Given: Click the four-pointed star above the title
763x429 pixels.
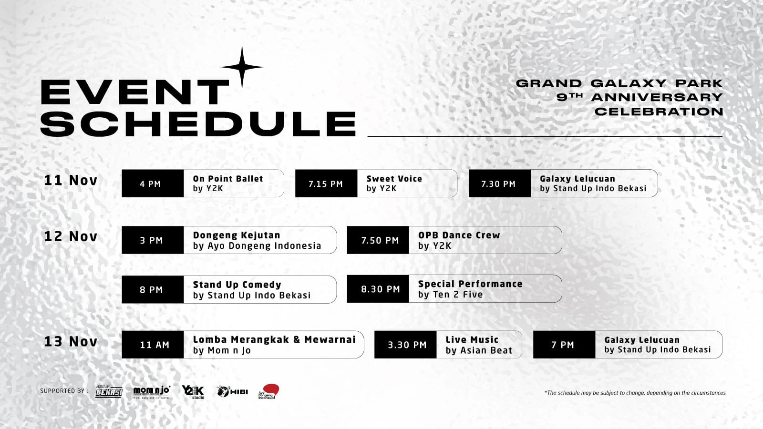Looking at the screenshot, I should pyautogui.click(x=242, y=67).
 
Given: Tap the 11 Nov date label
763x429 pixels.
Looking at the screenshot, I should pyautogui.click(x=71, y=180).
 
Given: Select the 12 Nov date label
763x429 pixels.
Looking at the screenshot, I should pyautogui.click(x=71, y=236).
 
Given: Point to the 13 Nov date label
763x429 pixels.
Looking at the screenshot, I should pyautogui.click(x=71, y=342).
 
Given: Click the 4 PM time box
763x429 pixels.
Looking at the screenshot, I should pyautogui.click(x=153, y=184).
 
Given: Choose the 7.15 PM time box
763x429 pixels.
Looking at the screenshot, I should pyautogui.click(x=326, y=184).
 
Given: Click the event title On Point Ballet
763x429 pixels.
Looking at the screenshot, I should pyautogui.click(x=228, y=179).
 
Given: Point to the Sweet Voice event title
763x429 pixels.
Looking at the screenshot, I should pyautogui.click(x=394, y=179).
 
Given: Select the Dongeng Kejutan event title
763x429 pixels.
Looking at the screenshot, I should pyautogui.click(x=237, y=235).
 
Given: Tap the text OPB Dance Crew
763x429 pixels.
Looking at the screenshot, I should pyautogui.click(x=459, y=235).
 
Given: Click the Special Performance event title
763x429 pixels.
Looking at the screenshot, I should pyautogui.click(x=470, y=284).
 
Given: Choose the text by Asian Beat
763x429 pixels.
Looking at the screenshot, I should pyautogui.click(x=479, y=351).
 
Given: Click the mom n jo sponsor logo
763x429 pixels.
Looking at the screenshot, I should pyautogui.click(x=151, y=391).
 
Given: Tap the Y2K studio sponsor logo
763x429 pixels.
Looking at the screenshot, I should pyautogui.click(x=193, y=392).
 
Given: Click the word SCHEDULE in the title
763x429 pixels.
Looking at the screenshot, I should pyautogui.click(x=198, y=124).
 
